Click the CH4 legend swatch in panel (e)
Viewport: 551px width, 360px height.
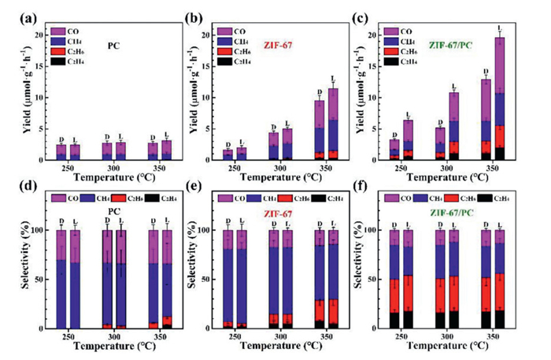(275, 199)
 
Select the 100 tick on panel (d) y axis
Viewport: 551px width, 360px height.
(46, 231)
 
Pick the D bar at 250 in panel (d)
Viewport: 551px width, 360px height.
(61, 279)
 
